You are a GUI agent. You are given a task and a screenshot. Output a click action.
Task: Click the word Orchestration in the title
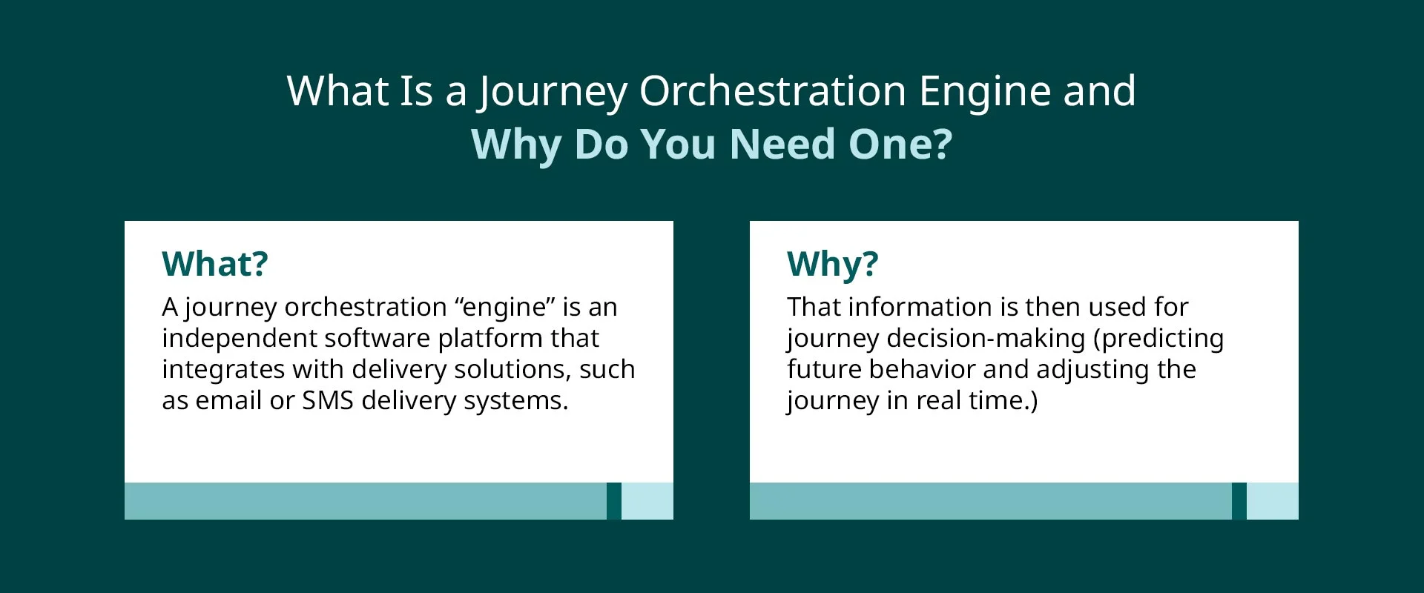[772, 91]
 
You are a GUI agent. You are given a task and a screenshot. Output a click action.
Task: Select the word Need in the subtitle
[782, 144]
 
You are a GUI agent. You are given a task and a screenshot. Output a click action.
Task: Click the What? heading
[215, 264]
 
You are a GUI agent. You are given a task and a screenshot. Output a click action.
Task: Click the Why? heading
[832, 264]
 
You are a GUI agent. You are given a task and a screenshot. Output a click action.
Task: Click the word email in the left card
[228, 400]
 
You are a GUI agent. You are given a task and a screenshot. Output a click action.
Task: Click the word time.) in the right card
[1003, 400]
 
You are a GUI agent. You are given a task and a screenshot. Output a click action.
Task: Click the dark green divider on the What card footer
[613, 501]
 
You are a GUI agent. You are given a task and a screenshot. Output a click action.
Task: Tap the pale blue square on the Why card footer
[1272, 501]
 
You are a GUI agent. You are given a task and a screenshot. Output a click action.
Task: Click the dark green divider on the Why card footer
[1239, 501]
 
